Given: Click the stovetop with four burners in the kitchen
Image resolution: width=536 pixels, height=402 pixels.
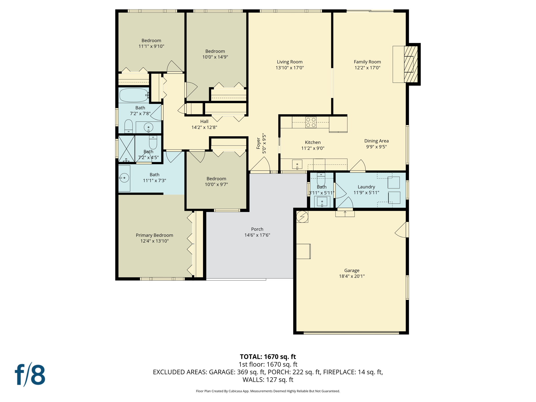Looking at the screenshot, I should (311, 122).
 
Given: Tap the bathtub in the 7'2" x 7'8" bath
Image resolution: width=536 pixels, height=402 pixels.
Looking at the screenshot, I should (134, 95).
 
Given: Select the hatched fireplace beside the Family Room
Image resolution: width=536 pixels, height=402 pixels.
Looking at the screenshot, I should (411, 64).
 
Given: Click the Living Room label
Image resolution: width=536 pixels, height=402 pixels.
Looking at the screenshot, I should (289, 62).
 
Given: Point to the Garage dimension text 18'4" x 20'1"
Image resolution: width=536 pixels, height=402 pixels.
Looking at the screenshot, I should (351, 276).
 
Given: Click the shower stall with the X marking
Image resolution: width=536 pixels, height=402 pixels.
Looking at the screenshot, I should (126, 148).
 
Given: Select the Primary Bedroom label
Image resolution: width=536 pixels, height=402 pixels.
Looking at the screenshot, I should (154, 235).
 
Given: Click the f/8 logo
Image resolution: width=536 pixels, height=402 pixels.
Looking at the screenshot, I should (30, 375).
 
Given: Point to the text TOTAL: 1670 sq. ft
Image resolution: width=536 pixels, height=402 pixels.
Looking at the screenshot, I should (268, 356).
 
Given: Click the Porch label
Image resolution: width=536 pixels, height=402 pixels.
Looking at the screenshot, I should (257, 229).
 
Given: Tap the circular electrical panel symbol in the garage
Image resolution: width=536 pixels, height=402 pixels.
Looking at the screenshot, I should (302, 217).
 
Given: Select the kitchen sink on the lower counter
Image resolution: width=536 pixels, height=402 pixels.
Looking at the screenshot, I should (297, 164).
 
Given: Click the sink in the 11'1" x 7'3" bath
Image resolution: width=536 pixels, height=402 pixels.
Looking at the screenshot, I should (124, 178).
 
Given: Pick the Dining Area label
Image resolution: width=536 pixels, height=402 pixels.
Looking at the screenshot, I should (376, 141).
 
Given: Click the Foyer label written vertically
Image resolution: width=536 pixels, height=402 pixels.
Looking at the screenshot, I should (258, 143).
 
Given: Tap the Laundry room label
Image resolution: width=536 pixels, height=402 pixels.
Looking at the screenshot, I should (366, 187).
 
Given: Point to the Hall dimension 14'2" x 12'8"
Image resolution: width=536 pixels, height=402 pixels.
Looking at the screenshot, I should (204, 127).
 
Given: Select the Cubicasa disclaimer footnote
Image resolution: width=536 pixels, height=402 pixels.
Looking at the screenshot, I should (268, 391).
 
